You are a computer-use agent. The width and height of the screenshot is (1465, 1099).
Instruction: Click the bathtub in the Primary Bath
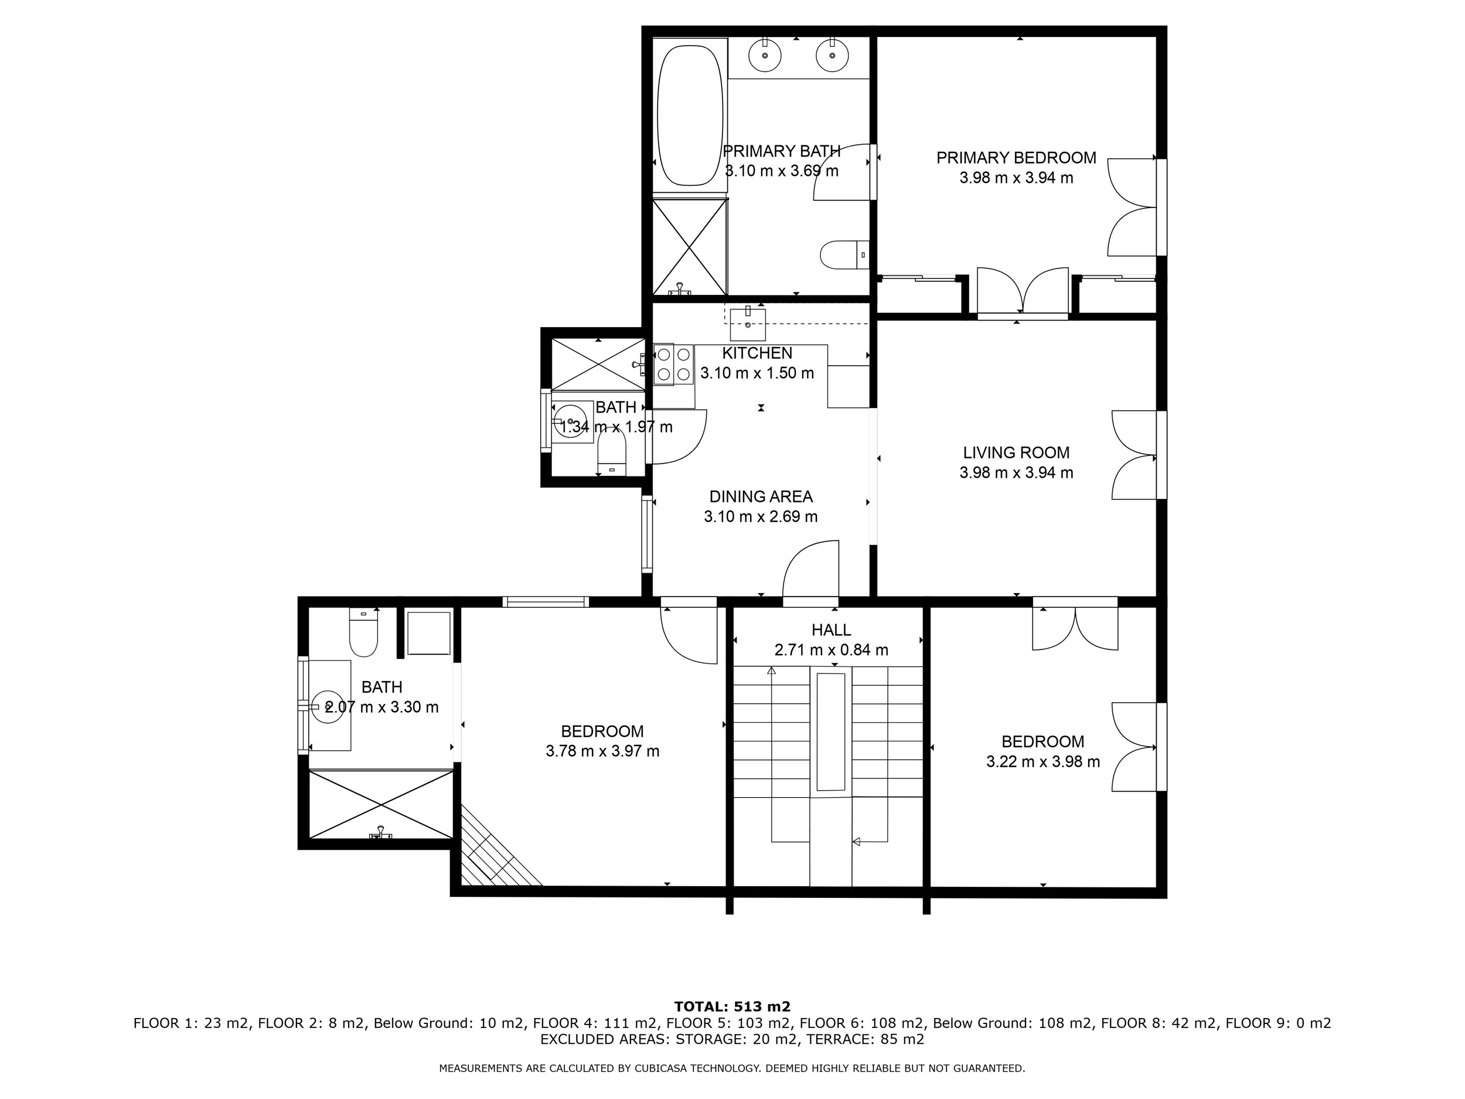coord(690,115)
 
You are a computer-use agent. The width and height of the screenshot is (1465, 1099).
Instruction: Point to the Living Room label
coord(1016,452)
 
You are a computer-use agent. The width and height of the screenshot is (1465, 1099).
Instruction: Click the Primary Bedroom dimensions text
coord(1016,178)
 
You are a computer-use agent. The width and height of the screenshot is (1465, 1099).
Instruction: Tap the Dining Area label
coord(760,496)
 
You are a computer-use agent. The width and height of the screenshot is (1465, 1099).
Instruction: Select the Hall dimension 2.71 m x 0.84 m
coord(831,650)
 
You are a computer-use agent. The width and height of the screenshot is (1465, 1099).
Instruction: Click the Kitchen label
coord(757,353)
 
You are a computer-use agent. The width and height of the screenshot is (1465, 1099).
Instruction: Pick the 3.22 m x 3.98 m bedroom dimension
coord(1043,762)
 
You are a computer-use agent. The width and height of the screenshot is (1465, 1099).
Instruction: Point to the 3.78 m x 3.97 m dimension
coord(602,751)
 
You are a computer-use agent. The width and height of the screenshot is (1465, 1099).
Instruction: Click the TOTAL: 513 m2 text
coord(732,1008)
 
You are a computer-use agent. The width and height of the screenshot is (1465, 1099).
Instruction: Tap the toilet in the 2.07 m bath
coord(363,632)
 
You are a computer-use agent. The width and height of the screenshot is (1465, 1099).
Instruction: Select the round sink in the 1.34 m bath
coord(569,421)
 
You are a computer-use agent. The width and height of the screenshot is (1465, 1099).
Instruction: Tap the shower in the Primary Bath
coord(690,246)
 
